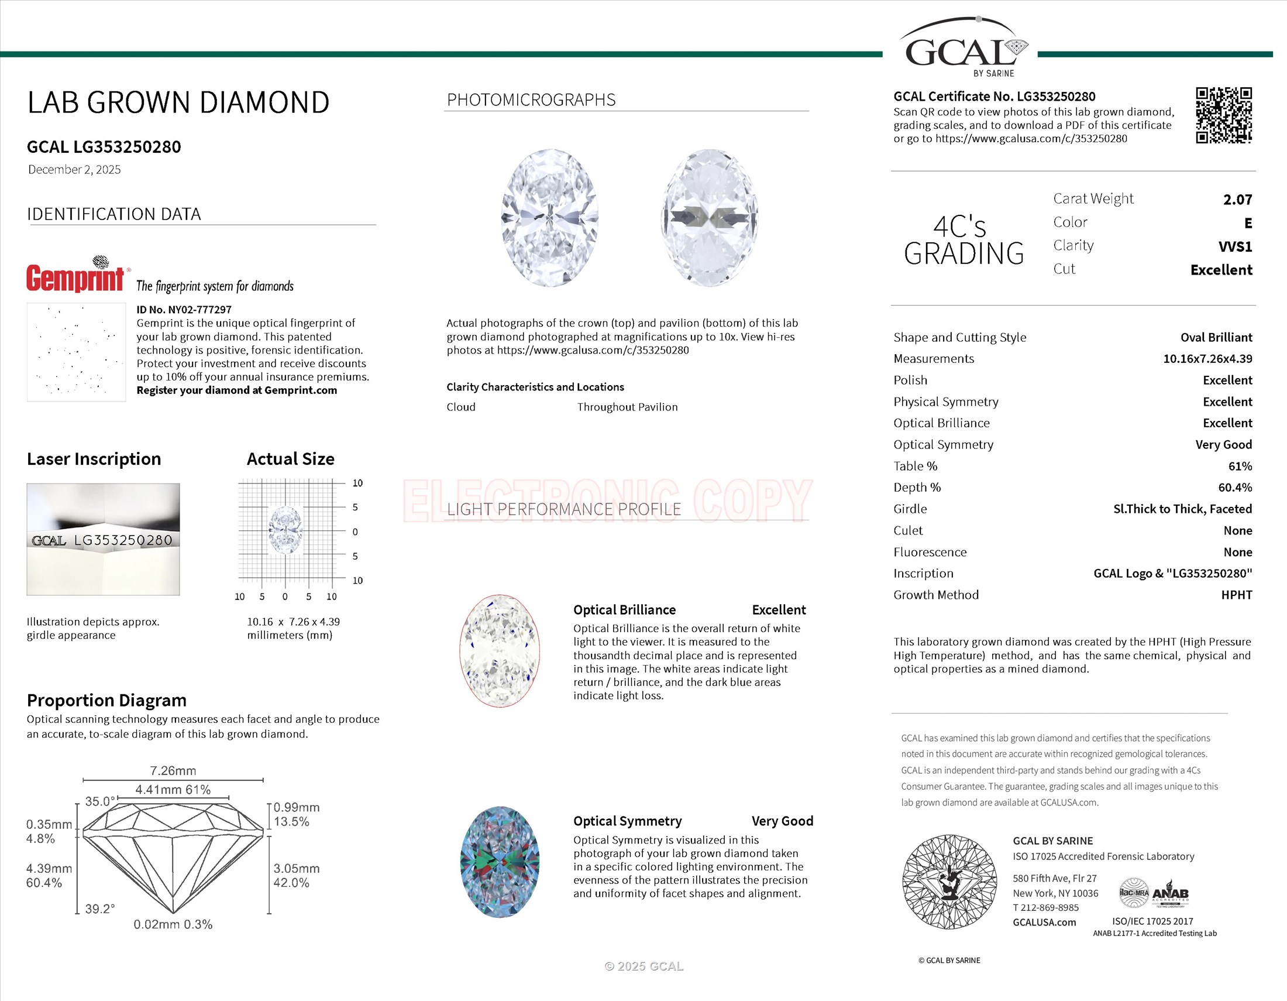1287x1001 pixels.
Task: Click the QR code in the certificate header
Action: coord(1223,115)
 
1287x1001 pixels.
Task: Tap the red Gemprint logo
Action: coord(75,277)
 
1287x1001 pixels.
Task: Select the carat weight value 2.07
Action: coord(1237,200)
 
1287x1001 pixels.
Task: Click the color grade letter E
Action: coord(1248,224)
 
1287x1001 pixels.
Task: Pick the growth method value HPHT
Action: coord(1236,595)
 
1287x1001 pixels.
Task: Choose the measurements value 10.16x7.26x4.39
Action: coord(1207,358)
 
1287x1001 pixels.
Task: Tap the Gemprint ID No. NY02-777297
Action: coord(184,310)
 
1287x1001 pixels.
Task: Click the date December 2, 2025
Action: coord(74,170)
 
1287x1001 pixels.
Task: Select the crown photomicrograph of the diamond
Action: coord(550,218)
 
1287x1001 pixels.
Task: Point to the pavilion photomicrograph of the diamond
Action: coord(710,218)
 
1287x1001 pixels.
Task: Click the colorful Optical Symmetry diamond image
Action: coord(499,861)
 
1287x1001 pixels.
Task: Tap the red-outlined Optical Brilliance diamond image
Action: coord(499,651)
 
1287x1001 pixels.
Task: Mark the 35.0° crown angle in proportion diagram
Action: coord(99,802)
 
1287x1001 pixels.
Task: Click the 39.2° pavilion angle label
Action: coord(99,909)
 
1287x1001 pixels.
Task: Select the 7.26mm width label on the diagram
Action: coord(173,771)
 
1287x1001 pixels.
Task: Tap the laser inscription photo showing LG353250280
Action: coord(103,539)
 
